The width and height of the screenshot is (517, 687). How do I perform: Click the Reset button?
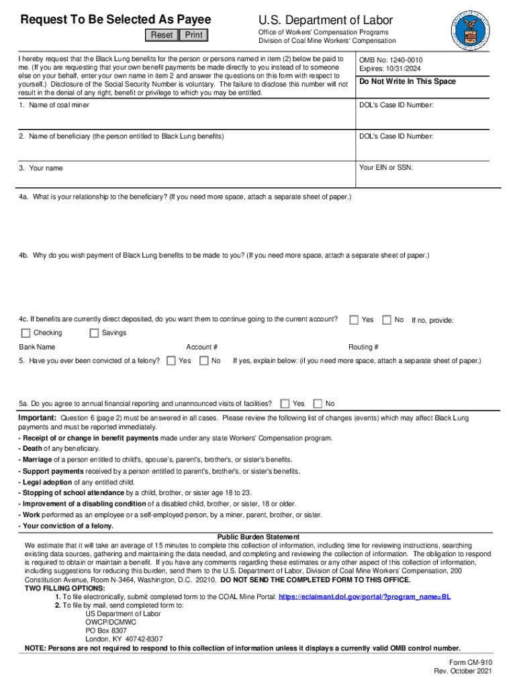coord(162,35)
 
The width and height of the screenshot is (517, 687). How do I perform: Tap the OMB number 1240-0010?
coord(391,60)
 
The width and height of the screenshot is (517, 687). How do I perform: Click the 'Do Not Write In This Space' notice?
coord(408,81)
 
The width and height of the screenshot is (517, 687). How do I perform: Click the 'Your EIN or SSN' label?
coord(386,167)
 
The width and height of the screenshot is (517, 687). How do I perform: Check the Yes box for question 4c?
coord(354,320)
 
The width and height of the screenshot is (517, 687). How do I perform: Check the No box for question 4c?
coord(387,320)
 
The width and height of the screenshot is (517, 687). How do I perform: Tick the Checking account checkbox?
coord(26,333)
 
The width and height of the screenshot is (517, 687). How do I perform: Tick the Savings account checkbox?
coord(94,333)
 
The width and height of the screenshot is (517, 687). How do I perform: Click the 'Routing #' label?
coord(363,347)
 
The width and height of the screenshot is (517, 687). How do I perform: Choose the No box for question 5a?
coord(318,403)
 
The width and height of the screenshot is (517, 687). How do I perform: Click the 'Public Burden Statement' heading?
coord(258,537)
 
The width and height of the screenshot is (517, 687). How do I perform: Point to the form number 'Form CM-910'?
coord(463,662)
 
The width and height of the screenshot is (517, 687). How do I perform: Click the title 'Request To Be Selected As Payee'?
coord(115,19)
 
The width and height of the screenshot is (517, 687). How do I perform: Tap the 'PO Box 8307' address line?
coord(105,631)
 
